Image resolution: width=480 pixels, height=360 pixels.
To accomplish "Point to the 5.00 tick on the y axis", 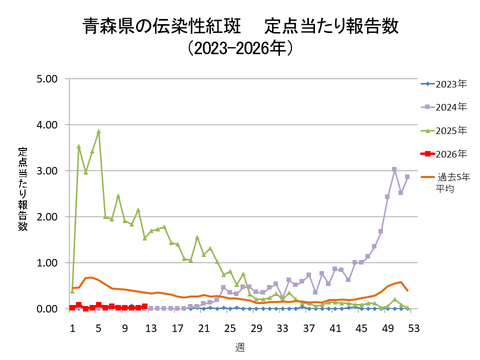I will click(x=46, y=79).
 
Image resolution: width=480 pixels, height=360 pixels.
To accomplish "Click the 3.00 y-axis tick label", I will click(x=46, y=171).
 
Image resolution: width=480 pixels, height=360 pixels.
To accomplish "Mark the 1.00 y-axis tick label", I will click(x=46, y=263).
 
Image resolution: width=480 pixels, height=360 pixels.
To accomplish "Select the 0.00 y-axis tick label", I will click(x=46, y=309).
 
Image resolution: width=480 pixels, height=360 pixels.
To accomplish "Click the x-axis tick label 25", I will click(x=230, y=326).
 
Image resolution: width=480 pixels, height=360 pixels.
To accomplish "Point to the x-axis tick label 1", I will click(x=72, y=326).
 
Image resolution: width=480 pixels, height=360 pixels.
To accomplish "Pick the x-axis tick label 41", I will click(x=335, y=326).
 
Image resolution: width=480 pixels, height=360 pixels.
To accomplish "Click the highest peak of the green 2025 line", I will click(x=98, y=131).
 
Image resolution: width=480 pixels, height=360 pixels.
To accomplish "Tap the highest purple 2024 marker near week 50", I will click(x=394, y=169).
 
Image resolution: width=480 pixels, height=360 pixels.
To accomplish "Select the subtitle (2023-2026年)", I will click(x=239, y=47).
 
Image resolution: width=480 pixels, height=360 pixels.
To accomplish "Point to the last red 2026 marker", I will click(x=144, y=307).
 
